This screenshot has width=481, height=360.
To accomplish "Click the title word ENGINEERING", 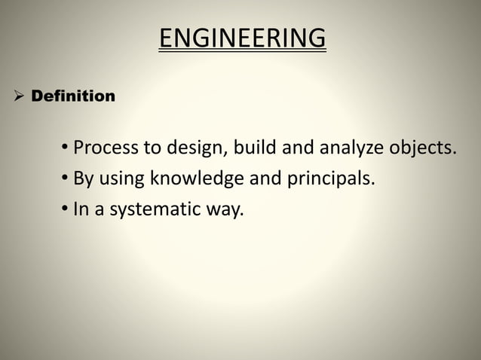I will [242, 38].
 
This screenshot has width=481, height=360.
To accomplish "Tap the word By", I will [82, 179].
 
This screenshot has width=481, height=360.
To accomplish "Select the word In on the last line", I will [80, 209].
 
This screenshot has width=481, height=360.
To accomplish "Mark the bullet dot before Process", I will [66, 147].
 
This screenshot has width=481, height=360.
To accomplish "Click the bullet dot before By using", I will [66, 178].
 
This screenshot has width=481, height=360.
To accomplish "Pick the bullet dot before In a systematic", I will [66, 209].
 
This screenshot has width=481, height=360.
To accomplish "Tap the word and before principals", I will [271, 178].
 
